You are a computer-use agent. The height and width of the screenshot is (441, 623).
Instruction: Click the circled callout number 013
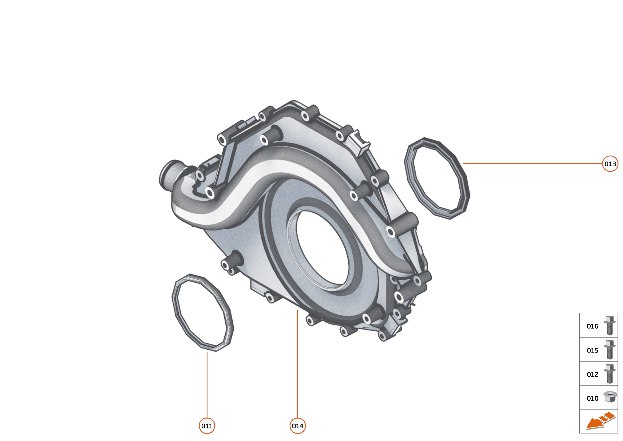[x=610, y=164]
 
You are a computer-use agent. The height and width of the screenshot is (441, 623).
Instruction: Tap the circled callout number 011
[x=207, y=426]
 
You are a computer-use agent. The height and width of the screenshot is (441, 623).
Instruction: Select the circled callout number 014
[x=298, y=426]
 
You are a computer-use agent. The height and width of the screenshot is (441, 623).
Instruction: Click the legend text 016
[x=592, y=326]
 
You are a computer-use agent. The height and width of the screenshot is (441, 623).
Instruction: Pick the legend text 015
[x=592, y=350]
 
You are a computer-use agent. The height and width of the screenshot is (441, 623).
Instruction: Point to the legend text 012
[x=592, y=374]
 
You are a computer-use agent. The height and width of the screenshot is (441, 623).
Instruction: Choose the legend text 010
[x=592, y=398]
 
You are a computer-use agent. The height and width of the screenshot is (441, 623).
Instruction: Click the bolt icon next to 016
[x=610, y=326]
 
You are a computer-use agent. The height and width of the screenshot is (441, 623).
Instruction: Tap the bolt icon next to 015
[x=610, y=350]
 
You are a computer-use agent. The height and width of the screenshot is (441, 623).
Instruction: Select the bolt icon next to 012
[x=610, y=374]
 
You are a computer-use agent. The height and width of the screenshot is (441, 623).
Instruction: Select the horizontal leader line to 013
[x=532, y=164]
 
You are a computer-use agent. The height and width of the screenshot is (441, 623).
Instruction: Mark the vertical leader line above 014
[x=298, y=364]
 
